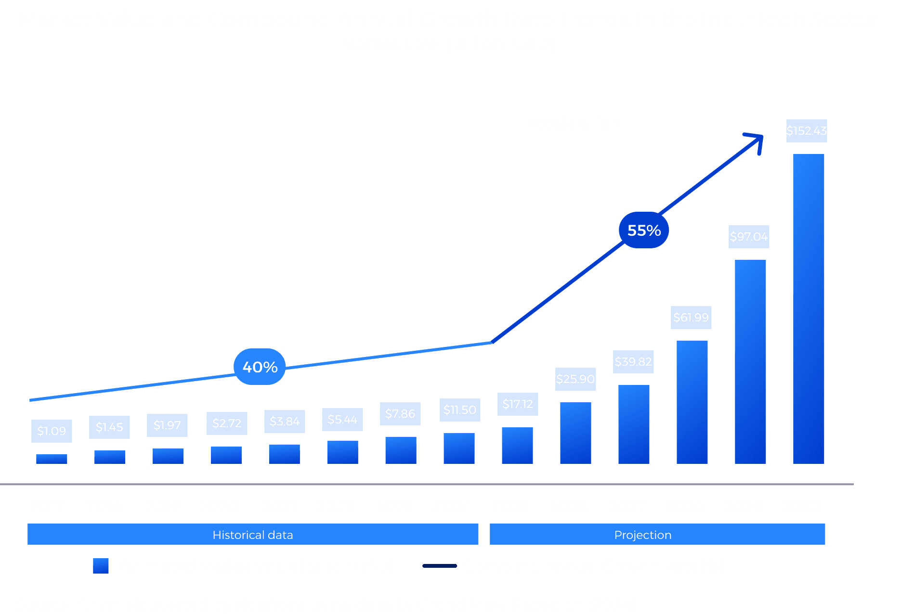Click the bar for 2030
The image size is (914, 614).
click(x=809, y=308)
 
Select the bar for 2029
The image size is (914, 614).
click(x=750, y=361)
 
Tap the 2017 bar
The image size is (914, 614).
click(x=52, y=459)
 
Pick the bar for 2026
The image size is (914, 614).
click(x=575, y=433)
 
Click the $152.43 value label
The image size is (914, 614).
click(x=806, y=131)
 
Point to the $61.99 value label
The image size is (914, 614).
click(x=691, y=318)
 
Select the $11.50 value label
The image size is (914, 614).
click(x=459, y=410)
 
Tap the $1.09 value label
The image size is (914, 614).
click(x=52, y=431)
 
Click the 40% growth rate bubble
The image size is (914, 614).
click(x=260, y=367)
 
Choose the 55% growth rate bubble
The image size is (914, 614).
click(x=644, y=230)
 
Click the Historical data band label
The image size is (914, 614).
click(x=253, y=535)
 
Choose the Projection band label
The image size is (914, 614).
click(x=642, y=535)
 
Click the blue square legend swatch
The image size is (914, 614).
click(x=101, y=566)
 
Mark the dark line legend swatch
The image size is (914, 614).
click(x=439, y=566)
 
